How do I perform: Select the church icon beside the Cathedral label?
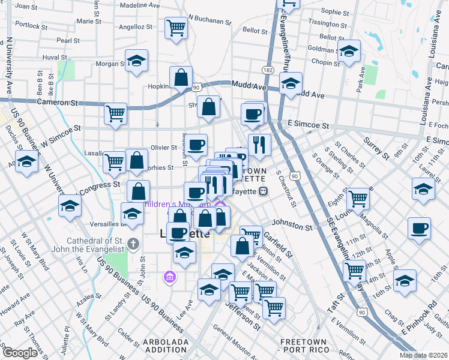[133, 244]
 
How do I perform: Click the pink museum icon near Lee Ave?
[169, 277]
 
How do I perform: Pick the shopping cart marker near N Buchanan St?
[176, 27]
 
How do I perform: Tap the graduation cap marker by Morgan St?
[137, 60]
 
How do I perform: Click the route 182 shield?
[268, 70]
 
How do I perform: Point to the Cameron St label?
[58, 103]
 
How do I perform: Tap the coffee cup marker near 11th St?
[418, 227]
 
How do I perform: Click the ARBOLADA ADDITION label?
[165, 346]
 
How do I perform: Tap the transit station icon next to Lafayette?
[263, 191]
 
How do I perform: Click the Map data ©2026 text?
[424, 355]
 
